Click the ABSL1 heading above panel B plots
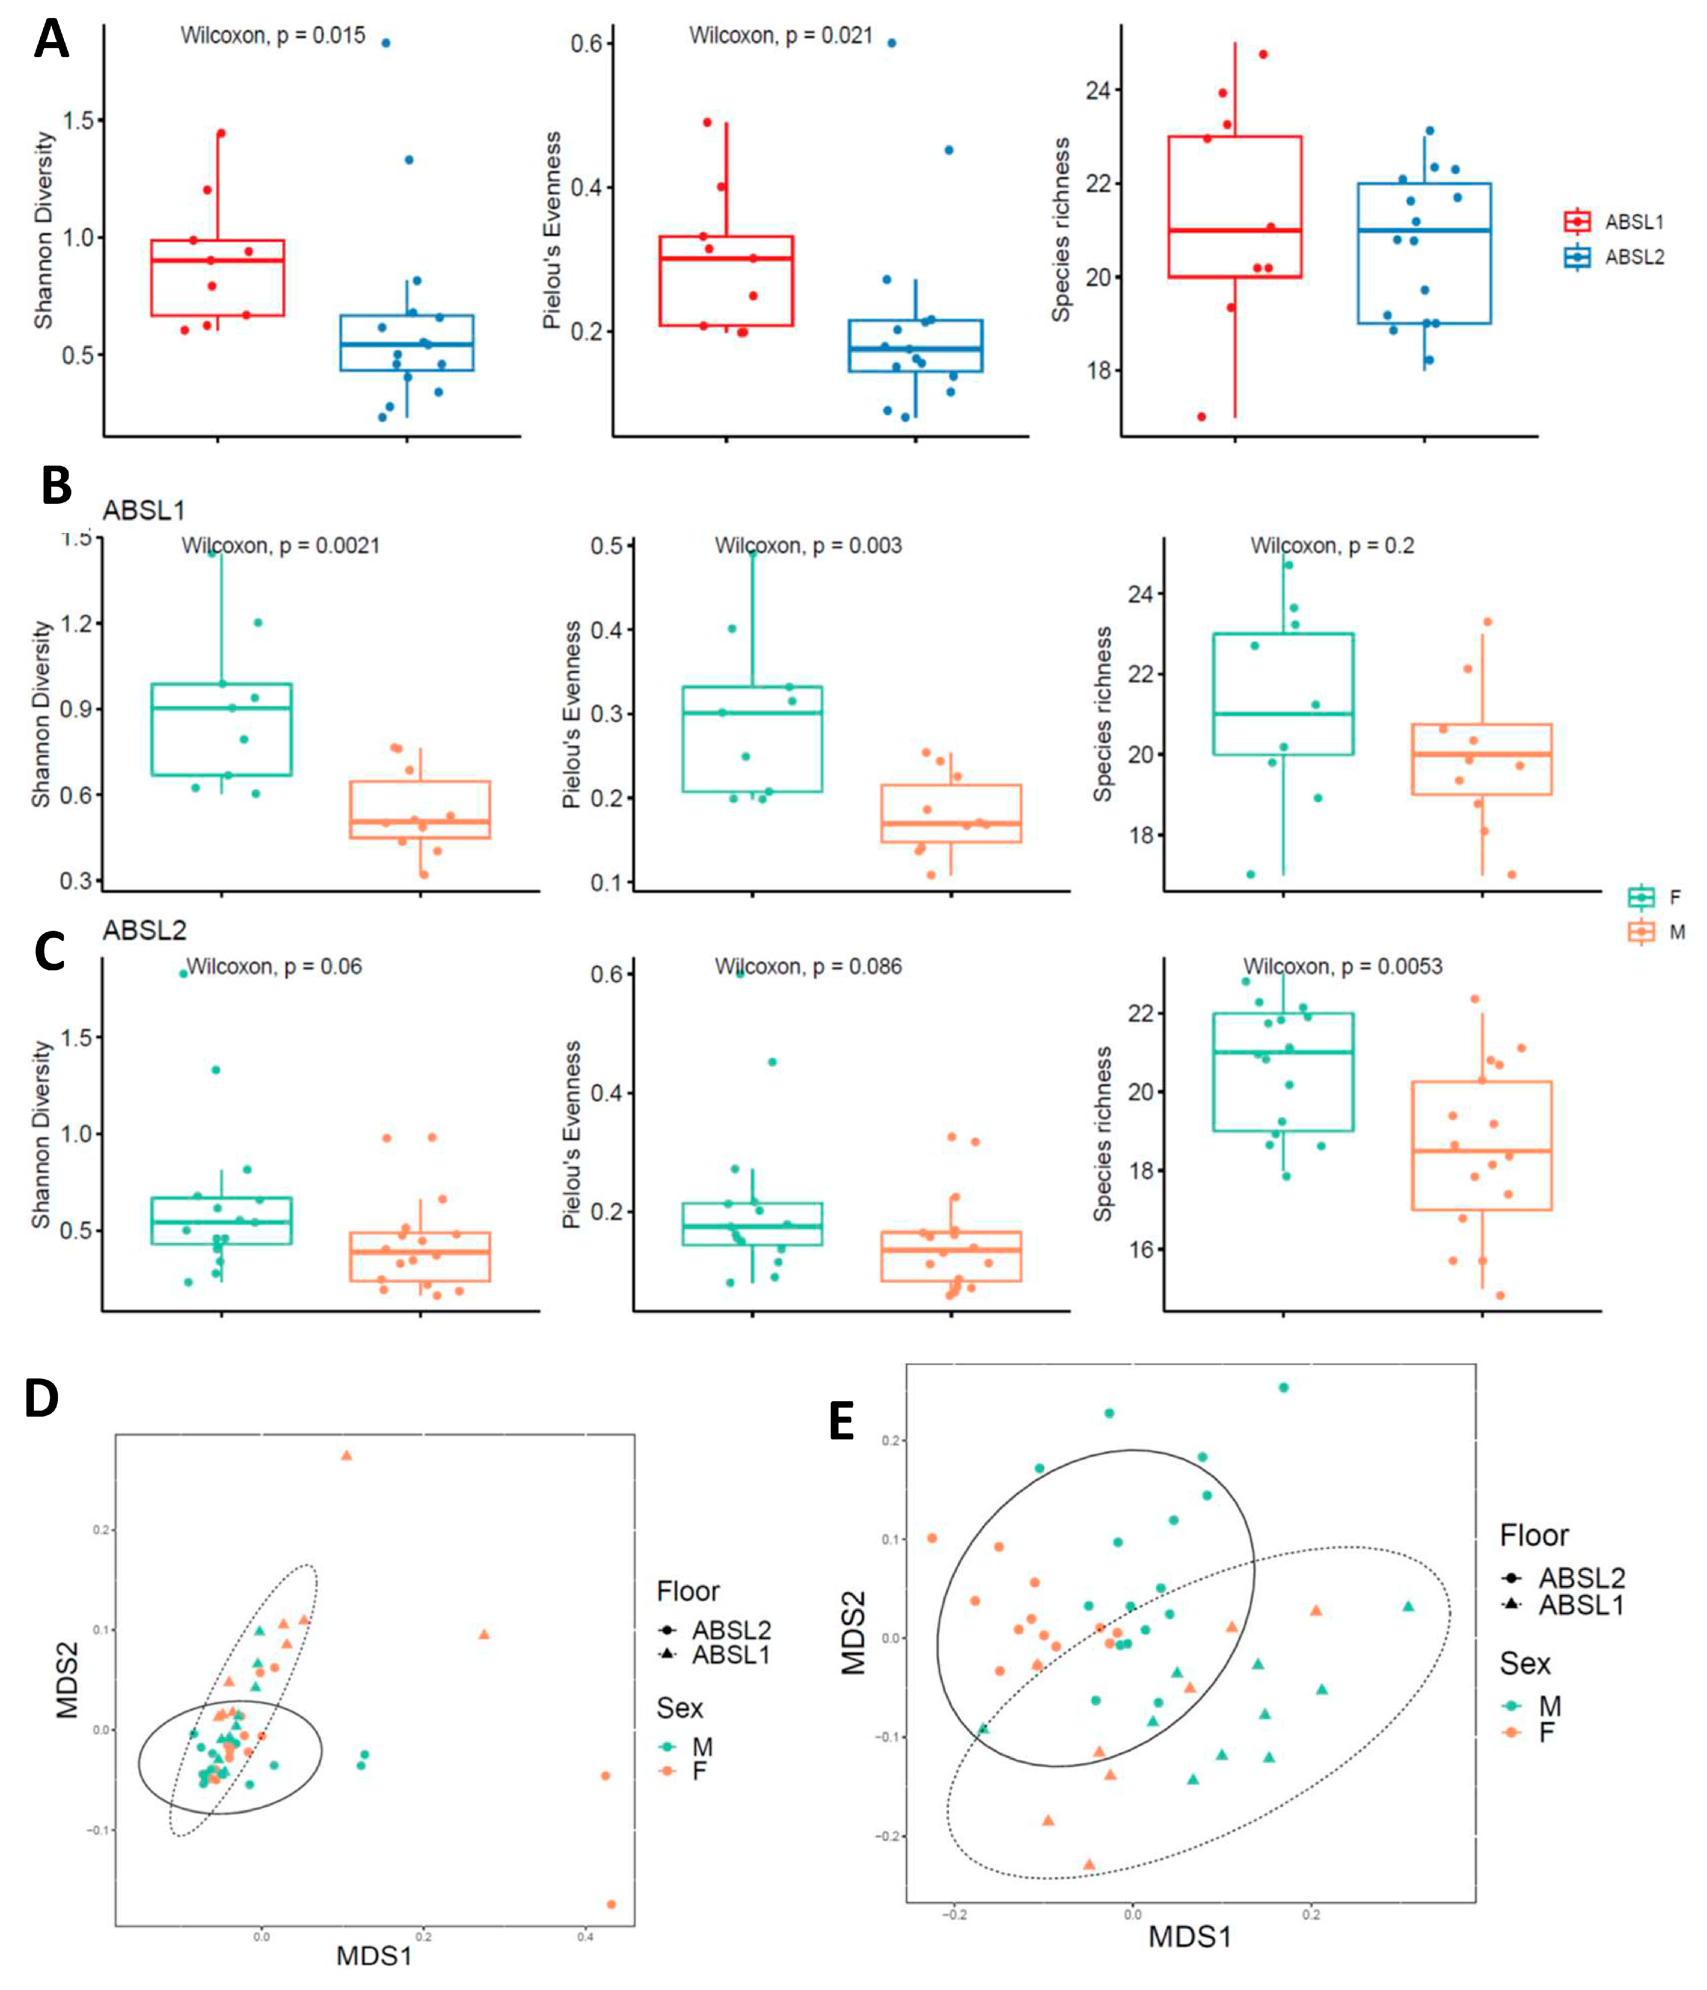coord(144,510)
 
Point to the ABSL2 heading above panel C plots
coord(144,930)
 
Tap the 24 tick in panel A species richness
coord(1098,90)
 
